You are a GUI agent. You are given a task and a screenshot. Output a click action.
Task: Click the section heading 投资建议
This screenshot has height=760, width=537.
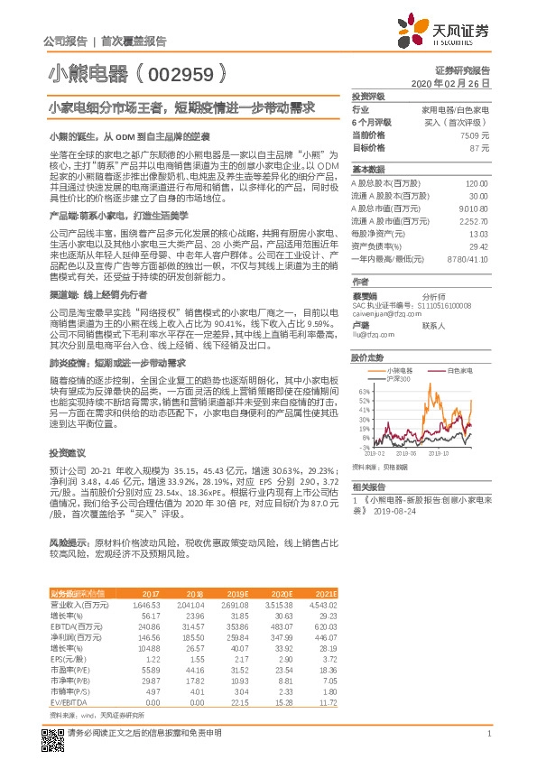tap(67, 451)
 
